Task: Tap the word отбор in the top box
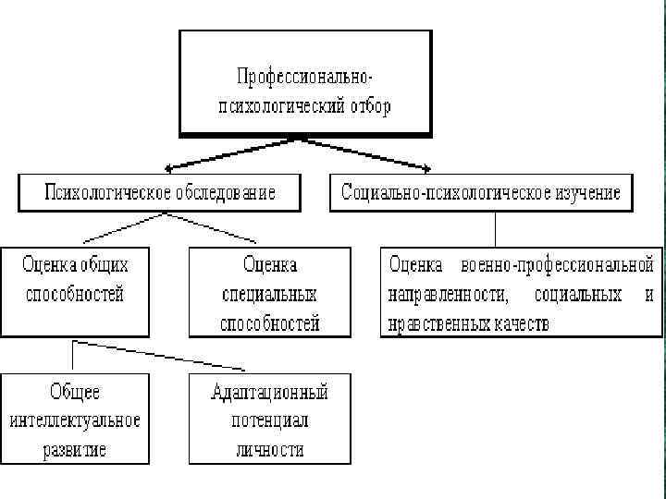click(369, 106)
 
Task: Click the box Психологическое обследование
click(160, 192)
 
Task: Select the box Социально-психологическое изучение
click(481, 192)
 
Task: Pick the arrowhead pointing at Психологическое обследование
click(169, 168)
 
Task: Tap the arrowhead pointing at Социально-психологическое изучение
click(425, 168)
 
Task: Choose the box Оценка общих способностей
click(76, 291)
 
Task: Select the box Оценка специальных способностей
click(270, 291)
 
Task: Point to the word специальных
click(270, 295)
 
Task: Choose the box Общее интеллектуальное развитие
click(76, 419)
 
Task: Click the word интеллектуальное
click(76, 420)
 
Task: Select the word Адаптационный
click(270, 391)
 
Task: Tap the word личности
click(270, 450)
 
